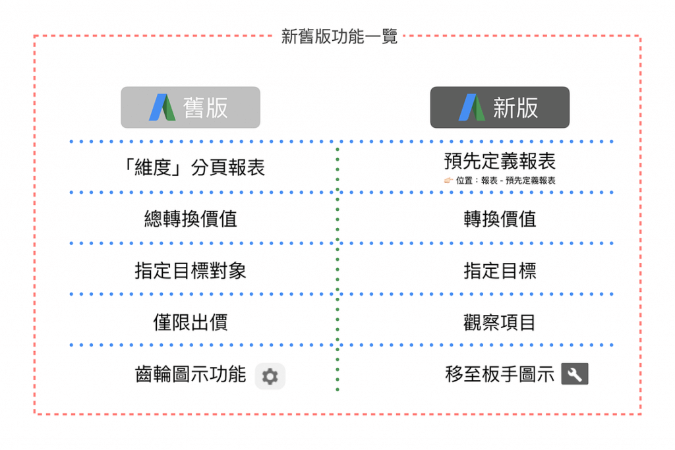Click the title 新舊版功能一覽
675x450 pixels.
[339, 37]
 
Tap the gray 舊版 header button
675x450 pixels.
[191, 107]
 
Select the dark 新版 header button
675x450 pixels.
[500, 107]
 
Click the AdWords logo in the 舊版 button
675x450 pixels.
[162, 107]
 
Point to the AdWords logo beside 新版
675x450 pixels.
[472, 107]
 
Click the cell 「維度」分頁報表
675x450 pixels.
[193, 167]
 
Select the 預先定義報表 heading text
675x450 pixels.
[500, 161]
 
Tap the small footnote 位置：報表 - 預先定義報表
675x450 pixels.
[506, 181]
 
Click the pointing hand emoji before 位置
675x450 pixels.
[448, 181]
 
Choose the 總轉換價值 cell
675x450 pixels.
[191, 219]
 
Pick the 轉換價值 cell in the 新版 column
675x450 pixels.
[500, 219]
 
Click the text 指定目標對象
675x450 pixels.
[191, 271]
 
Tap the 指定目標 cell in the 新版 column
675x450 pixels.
[500, 271]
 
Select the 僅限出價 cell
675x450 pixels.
[191, 322]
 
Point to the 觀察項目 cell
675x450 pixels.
[500, 322]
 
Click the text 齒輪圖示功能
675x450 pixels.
[191, 374]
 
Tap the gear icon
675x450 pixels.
[270, 376]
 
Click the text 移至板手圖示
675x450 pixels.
[500, 374]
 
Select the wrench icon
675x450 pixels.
[575, 374]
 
